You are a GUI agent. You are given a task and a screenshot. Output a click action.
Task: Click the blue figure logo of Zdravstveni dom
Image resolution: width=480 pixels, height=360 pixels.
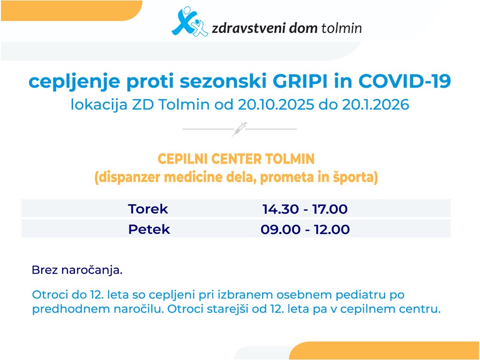point(190,22)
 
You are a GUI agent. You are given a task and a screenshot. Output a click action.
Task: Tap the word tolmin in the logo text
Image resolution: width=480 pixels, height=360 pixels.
point(341,28)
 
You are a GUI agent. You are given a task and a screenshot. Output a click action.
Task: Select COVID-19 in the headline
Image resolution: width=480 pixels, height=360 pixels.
point(405,82)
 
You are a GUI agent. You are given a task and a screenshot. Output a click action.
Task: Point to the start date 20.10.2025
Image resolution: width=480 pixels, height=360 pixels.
point(276,105)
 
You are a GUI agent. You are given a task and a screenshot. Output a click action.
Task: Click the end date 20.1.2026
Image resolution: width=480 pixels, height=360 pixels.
point(375,105)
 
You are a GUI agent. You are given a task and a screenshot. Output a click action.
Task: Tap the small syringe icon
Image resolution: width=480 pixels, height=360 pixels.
point(240,129)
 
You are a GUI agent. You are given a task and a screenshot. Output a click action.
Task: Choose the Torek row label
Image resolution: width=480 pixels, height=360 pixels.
point(148,209)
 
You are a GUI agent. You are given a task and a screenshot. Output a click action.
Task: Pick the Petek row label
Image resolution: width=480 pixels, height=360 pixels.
point(149,229)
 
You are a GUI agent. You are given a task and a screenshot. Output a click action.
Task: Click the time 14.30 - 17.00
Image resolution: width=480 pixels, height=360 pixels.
point(305,209)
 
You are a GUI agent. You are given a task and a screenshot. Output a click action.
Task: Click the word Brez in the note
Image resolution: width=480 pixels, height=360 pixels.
point(45,270)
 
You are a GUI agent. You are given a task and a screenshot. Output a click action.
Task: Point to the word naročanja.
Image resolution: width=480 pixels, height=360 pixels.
point(92,270)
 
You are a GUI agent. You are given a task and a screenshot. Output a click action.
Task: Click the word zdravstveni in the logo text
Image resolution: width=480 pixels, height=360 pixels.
point(249,28)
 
